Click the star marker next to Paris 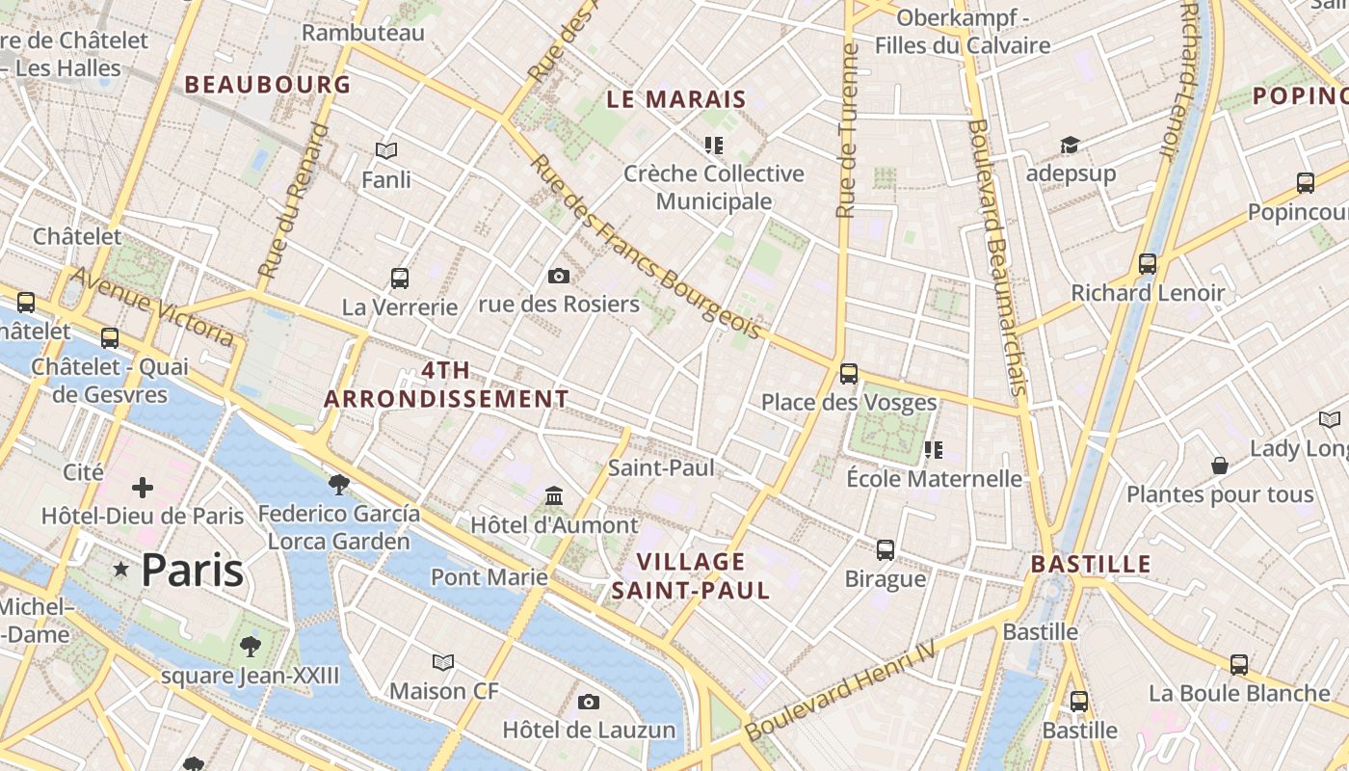coord(120,570)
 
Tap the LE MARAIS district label coord(676,99)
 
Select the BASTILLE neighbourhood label coord(1091,565)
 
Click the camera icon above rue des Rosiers coord(558,277)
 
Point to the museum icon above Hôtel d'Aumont coord(554,495)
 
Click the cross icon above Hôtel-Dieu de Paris coord(143,488)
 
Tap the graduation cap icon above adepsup coord(1070,146)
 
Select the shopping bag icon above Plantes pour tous coord(1220,465)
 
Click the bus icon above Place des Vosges coord(848,373)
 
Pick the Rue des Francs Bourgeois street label coord(646,248)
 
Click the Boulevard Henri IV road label coord(841,691)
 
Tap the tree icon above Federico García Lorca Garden coord(338,484)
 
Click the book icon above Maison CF coord(443,662)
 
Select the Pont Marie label coord(489,577)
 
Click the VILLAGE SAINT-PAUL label coord(691,576)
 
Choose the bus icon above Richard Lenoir coord(1147,263)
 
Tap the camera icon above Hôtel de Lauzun coord(589,702)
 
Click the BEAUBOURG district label coord(268,85)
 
